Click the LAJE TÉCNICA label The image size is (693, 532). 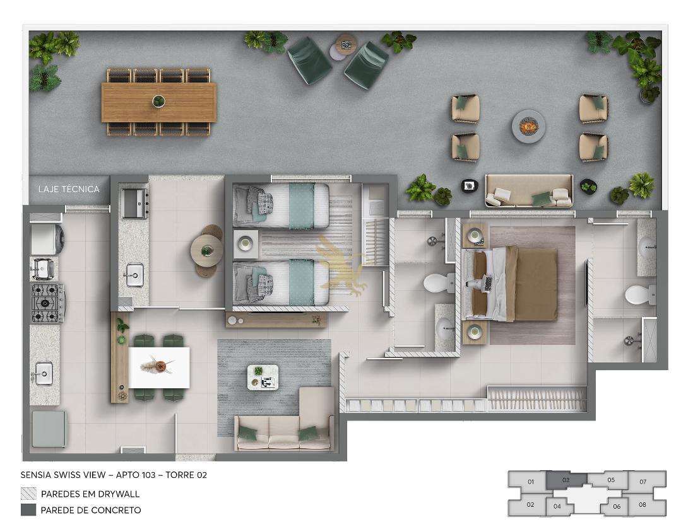(69, 189)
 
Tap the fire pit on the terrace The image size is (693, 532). (528, 127)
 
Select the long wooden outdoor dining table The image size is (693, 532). (158, 102)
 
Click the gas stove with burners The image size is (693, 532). (47, 303)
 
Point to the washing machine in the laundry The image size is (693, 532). (47, 240)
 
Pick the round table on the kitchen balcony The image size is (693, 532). (206, 251)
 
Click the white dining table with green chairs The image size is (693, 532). (158, 367)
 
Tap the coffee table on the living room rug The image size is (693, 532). (263, 377)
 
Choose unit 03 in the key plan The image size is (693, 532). (566, 480)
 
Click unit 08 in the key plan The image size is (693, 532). (642, 505)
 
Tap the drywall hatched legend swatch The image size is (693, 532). (28, 494)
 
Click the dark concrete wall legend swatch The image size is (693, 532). (28, 510)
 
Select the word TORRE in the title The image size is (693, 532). (180, 475)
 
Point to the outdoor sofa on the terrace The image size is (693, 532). (529, 191)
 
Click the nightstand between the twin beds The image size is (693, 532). (246, 243)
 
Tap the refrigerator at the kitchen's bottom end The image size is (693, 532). (49, 429)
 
